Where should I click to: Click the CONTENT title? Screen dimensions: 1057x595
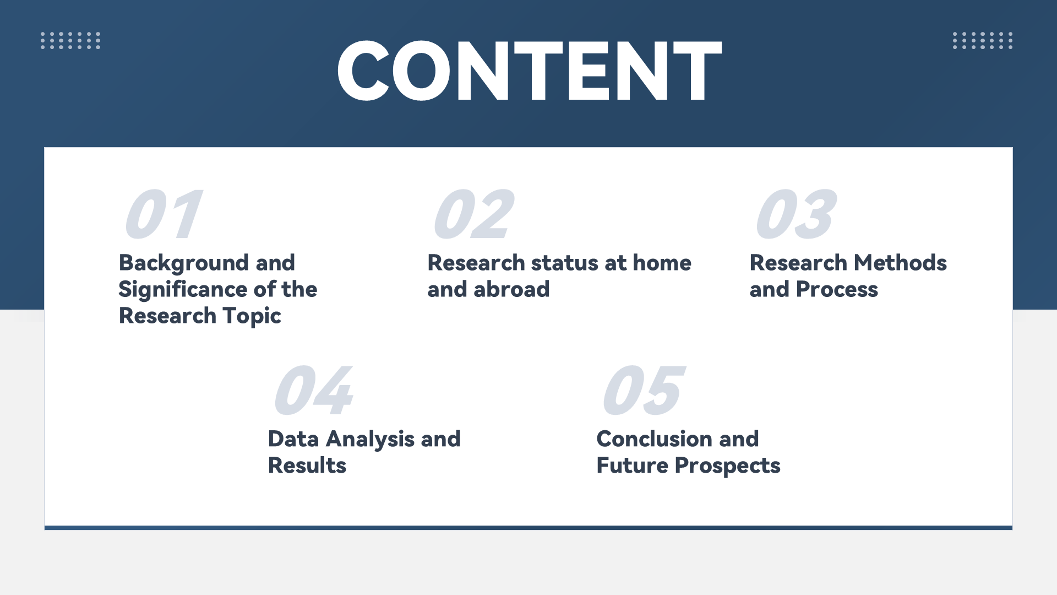point(529,71)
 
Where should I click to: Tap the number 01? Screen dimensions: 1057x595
point(164,214)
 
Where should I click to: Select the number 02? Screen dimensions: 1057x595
point(474,214)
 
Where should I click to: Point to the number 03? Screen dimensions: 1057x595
point(797,214)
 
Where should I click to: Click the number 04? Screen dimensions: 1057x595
point(314,390)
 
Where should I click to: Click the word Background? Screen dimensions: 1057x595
point(184,264)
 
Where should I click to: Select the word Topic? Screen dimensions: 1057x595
point(252,317)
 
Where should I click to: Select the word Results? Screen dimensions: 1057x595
point(307,466)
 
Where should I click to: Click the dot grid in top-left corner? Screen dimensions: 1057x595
point(70,40)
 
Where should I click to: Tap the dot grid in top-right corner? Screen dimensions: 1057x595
point(983,40)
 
